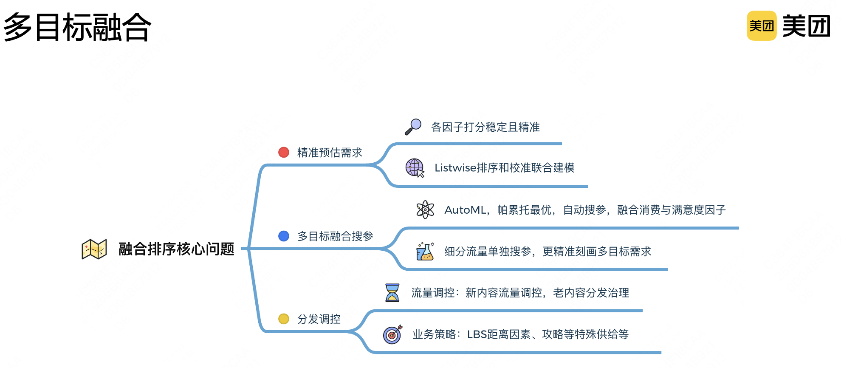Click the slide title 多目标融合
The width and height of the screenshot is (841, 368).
pos(77,27)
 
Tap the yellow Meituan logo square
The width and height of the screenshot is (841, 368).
pos(761,26)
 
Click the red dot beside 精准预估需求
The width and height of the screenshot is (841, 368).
pos(284,152)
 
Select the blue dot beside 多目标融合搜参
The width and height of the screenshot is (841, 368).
pos(284,236)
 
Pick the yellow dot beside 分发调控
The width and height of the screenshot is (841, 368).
pos(284,319)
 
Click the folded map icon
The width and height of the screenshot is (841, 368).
pos(94,249)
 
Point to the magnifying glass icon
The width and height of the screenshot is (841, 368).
pos(413,127)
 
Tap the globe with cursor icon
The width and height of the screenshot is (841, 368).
pos(415,168)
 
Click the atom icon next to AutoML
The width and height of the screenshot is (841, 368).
pos(425,209)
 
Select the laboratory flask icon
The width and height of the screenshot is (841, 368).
pos(425,252)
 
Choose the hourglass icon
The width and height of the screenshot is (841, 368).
pos(392,292)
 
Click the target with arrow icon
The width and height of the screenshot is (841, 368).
pos(392,335)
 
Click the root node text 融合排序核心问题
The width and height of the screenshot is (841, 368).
pos(176,249)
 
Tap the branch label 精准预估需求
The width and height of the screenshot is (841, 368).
pos(330,153)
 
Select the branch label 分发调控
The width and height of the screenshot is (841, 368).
pos(319,319)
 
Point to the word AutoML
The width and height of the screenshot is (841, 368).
pos(465,210)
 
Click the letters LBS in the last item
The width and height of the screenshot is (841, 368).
pos(477,334)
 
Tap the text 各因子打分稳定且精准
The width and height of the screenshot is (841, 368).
pos(485,127)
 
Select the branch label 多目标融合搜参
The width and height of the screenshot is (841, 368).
pos(335,236)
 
